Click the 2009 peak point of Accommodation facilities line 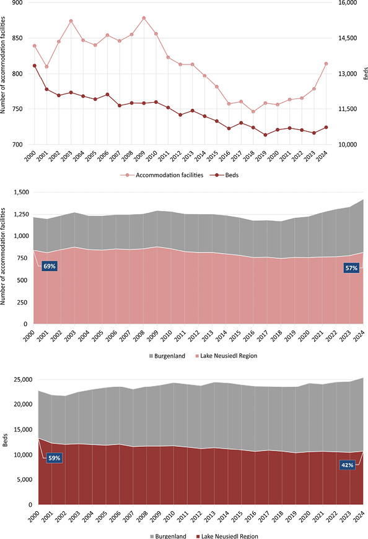[144, 18]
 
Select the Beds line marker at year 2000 [34, 66]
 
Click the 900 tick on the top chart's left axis [17, 3]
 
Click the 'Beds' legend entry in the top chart [225, 175]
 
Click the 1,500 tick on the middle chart [20, 192]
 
